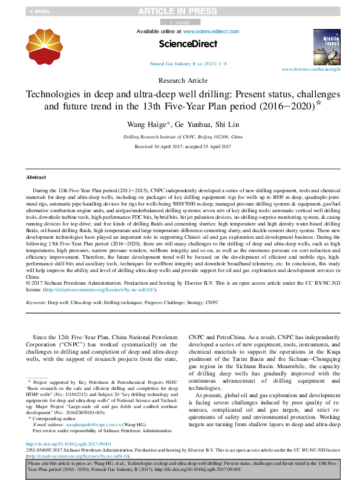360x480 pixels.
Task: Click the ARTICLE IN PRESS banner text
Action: [x=179, y=11]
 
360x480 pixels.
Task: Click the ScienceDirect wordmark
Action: [x=180, y=44]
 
